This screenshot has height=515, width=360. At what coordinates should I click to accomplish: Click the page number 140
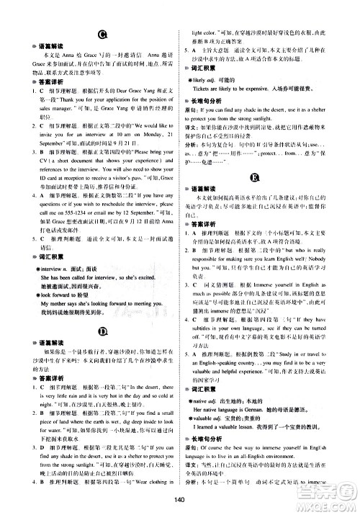(x=180, y=503)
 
